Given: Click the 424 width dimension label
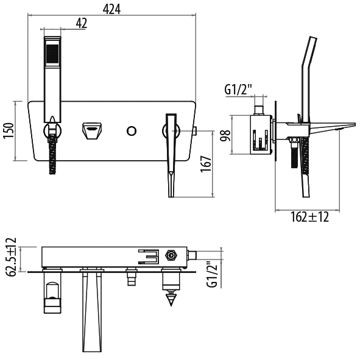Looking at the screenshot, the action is tap(111, 9).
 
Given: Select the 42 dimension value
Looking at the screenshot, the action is tap(82, 23).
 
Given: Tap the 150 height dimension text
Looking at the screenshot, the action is tap(9, 130).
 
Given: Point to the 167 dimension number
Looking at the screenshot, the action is tap(206, 164).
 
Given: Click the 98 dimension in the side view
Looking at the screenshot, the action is tap(225, 135).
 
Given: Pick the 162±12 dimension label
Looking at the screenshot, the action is tap(309, 217).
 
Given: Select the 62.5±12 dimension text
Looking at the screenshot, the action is tap(11, 258).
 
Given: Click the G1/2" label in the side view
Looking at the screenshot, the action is tap(238, 90).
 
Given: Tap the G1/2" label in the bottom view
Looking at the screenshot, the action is tap(212, 274).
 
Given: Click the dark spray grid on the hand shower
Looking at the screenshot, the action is tap(52, 53).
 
